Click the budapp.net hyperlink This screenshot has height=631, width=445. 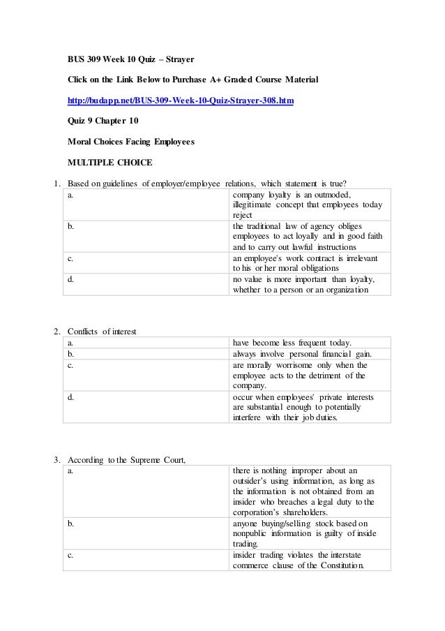[x=180, y=101]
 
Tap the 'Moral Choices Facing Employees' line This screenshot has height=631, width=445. [x=131, y=142]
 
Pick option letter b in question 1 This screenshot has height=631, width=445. [x=70, y=226]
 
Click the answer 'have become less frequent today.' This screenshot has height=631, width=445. [x=292, y=342]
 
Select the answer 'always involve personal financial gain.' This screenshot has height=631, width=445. [x=301, y=353]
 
